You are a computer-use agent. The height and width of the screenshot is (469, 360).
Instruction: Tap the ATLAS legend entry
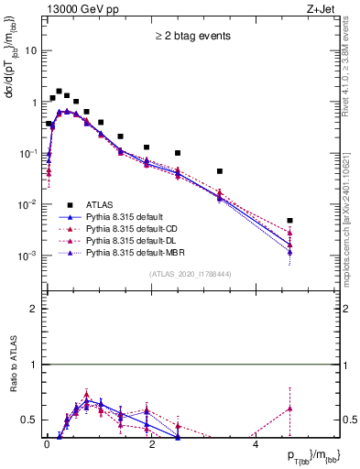104,204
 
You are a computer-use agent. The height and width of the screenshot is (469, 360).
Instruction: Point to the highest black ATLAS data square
59,92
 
